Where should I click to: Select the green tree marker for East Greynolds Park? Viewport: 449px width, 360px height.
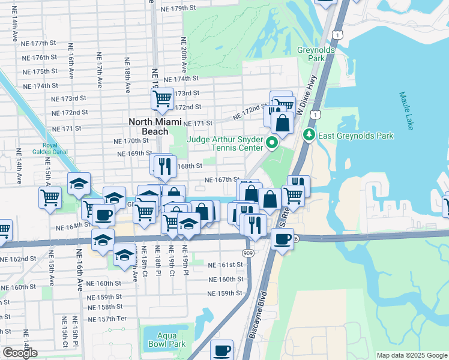pyautogui.click(x=310, y=135)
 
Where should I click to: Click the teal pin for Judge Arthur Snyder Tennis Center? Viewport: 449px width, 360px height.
pyautogui.click(x=271, y=143)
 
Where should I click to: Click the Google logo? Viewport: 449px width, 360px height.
pyautogui.click(x=20, y=353)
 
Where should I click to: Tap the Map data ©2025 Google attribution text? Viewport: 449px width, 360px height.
pyautogui.click(x=411, y=355)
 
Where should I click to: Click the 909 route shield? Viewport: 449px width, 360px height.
pyautogui.click(x=249, y=254)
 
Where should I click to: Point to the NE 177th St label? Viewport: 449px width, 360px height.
pyautogui.click(x=45, y=43)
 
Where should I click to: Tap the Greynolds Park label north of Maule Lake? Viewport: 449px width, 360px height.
pyautogui.click(x=312, y=55)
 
